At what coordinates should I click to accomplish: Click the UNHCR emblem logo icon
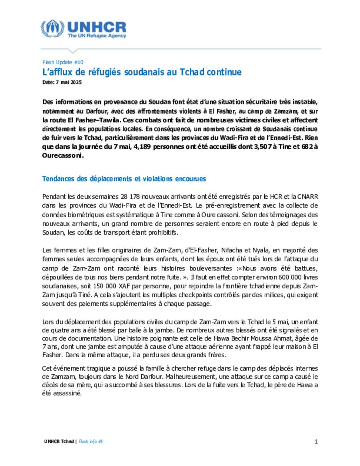[x=53, y=28]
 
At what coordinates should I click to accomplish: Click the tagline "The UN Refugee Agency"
[x=97, y=36]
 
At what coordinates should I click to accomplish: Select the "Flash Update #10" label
[x=63, y=62]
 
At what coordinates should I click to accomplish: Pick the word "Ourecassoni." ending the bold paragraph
[x=63, y=155]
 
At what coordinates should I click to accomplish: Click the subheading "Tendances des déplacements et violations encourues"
[x=124, y=179]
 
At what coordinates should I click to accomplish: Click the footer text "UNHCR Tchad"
[x=59, y=441]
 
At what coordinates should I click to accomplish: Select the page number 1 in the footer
[x=316, y=441]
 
